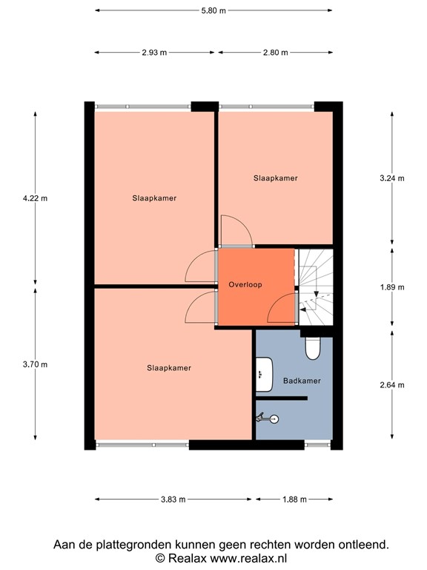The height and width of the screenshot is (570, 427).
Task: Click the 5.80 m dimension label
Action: pyautogui.click(x=213, y=11)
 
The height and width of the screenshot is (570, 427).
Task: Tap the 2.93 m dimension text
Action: pyautogui.click(x=154, y=53)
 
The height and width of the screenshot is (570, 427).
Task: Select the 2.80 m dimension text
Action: pyautogui.click(x=274, y=53)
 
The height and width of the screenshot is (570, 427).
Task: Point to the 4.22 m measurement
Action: pyautogui.click(x=35, y=198)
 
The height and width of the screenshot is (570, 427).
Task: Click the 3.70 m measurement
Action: pyautogui.click(x=35, y=364)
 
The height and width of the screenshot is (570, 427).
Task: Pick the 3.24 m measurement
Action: pyautogui.click(x=391, y=178)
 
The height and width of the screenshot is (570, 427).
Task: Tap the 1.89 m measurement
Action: pyautogui.click(x=391, y=287)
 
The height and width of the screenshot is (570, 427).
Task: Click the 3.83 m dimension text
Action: pyautogui.click(x=172, y=499)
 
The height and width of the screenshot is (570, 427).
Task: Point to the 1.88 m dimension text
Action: pyautogui.click(x=294, y=499)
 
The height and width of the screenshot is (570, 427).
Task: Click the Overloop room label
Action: pyautogui.click(x=245, y=284)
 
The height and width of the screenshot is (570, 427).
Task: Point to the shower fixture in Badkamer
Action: pyautogui.click(x=267, y=419)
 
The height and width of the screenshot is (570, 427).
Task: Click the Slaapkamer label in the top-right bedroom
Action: pyautogui.click(x=276, y=178)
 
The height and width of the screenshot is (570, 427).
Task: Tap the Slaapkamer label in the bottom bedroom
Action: pyautogui.click(x=169, y=368)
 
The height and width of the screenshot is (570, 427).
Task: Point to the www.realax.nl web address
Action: pyautogui.click(x=249, y=558)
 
